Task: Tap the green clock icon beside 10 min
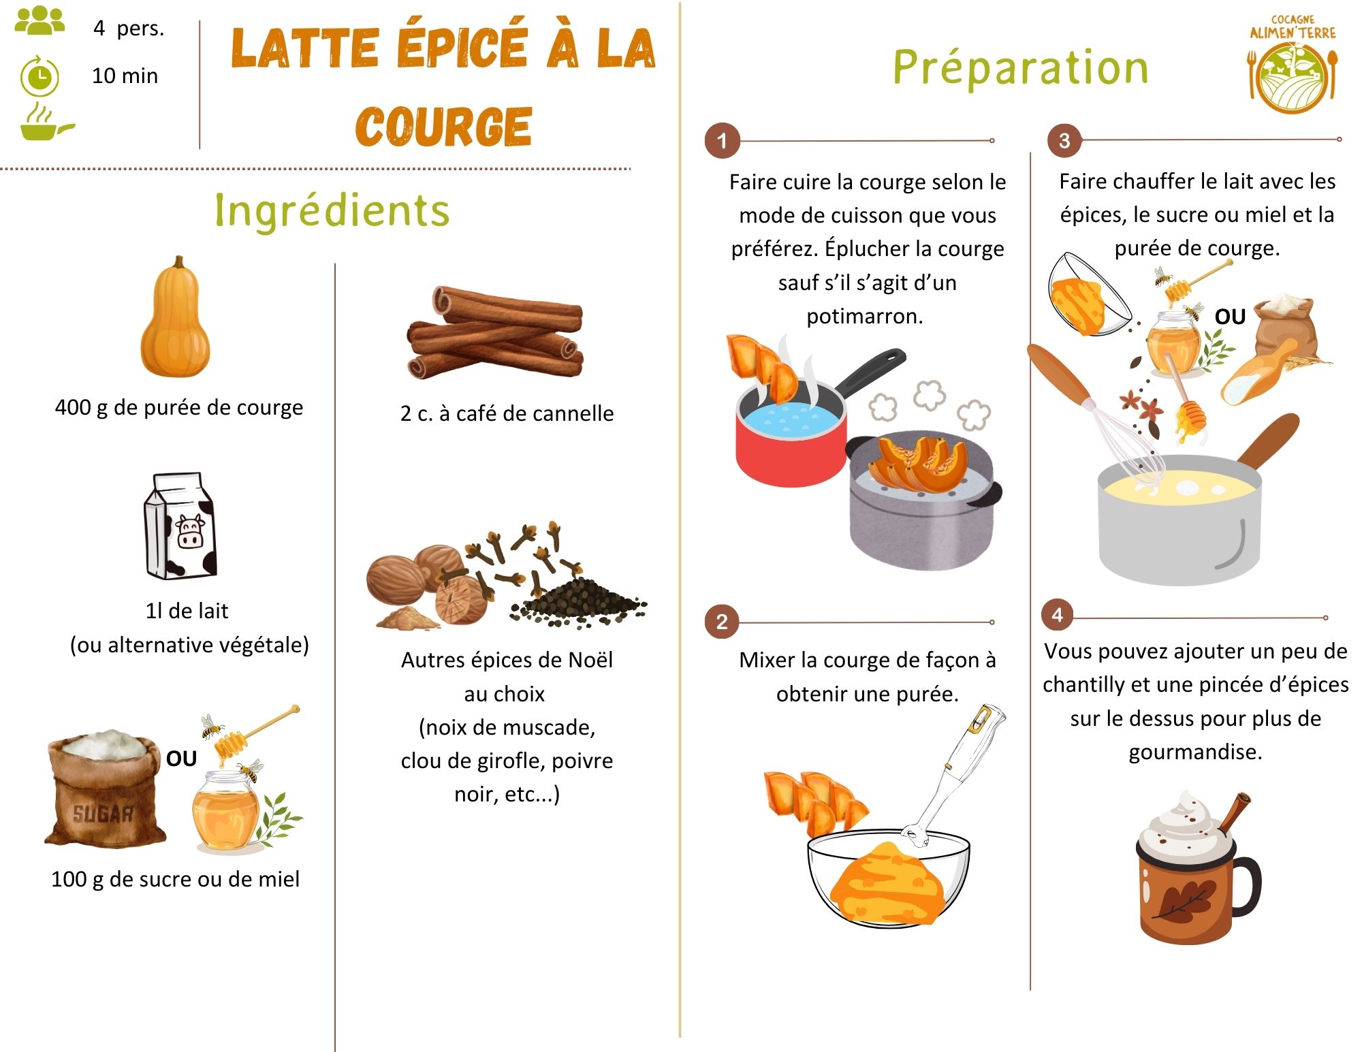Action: (x=39, y=76)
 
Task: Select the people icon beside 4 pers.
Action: (x=39, y=21)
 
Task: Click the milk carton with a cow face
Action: (x=180, y=526)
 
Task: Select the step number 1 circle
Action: (x=722, y=141)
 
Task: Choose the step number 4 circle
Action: (x=1057, y=615)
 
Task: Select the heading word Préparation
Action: (x=1020, y=68)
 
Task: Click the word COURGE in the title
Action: (x=443, y=127)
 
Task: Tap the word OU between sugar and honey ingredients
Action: (x=181, y=759)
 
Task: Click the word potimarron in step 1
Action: (x=864, y=316)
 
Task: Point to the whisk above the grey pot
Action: (x=1117, y=436)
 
